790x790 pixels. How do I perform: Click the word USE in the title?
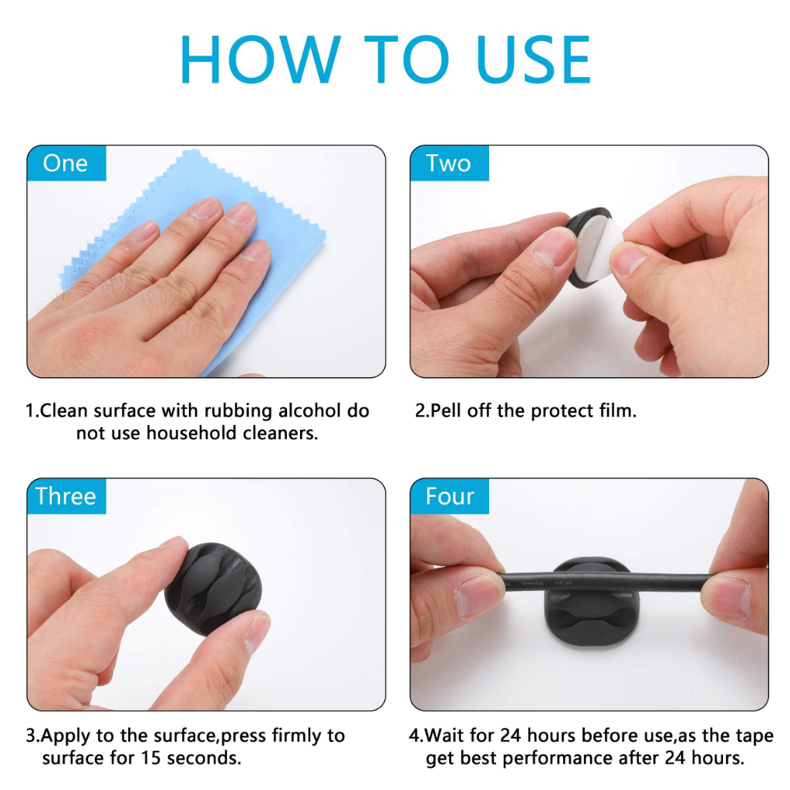tap(533, 59)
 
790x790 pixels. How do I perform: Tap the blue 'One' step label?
tap(66, 164)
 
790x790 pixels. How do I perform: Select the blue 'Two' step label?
tap(449, 164)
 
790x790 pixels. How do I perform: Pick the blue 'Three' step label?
tap(66, 496)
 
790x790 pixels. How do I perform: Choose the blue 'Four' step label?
tap(449, 496)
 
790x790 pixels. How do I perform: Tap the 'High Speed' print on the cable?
tap(547, 583)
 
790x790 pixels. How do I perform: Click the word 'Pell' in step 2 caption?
tap(447, 410)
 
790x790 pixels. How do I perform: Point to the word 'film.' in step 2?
tap(618, 410)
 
